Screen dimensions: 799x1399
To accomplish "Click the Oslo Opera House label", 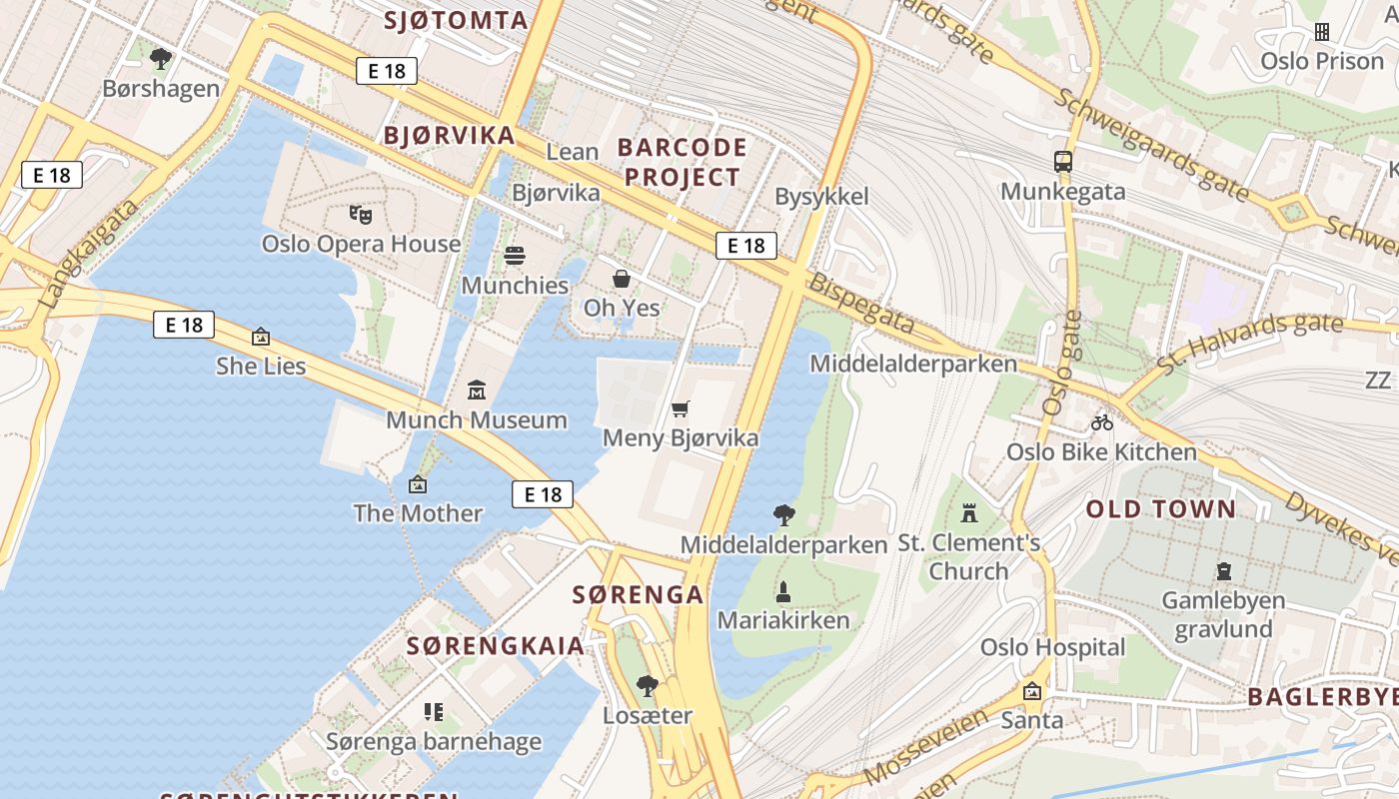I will [361, 244].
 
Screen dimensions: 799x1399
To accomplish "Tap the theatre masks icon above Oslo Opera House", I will [361, 214].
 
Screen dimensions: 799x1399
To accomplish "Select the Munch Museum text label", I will [477, 419].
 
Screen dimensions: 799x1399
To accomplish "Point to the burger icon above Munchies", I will [515, 256].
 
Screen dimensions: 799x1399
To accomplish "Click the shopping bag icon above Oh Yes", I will [622, 279].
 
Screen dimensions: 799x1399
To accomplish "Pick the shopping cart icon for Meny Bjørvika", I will [681, 408].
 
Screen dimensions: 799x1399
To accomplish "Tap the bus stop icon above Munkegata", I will [1063, 162].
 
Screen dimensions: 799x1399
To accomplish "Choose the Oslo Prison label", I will [1321, 61].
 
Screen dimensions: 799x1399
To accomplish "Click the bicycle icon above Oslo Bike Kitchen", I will [1102, 422].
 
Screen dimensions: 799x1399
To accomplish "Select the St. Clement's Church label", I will [968, 557].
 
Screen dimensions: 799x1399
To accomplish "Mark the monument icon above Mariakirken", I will [783, 591].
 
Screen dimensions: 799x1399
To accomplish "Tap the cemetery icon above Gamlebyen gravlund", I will [1223, 572].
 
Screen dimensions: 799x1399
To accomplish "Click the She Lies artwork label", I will [261, 367].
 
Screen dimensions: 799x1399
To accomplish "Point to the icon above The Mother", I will [418, 484].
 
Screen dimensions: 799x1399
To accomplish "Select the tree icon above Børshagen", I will [160, 59].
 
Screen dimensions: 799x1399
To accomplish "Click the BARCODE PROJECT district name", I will [683, 163].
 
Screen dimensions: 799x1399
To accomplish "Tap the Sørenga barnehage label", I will [434, 741].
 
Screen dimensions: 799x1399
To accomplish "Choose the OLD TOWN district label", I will [1161, 509].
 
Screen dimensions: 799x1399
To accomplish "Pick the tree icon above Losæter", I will [648, 686].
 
